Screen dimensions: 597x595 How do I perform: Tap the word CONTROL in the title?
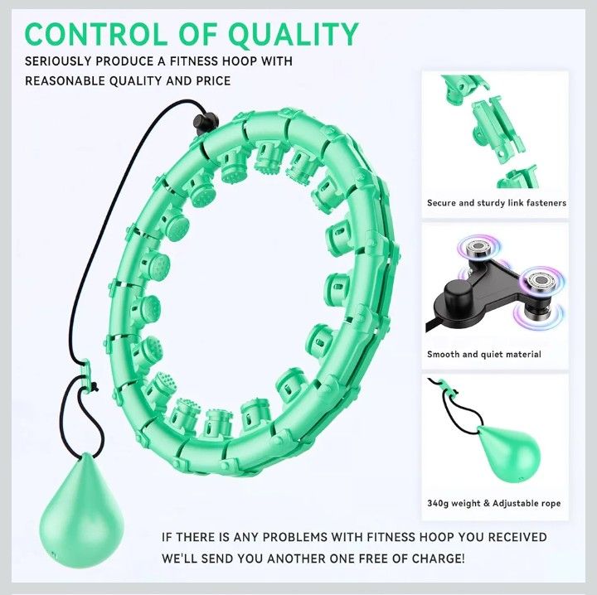pos(95,34)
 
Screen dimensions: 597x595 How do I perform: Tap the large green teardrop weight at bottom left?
pos(82,511)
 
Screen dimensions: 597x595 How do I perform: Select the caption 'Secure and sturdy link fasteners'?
pos(497,203)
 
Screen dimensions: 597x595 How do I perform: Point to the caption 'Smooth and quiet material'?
pos(484,354)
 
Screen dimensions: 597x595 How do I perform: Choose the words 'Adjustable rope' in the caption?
pos(527,503)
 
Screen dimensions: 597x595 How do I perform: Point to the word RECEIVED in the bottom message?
pos(517,537)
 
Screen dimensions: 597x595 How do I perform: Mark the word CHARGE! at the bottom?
pos(439,559)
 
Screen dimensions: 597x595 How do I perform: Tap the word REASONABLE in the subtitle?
pos(65,81)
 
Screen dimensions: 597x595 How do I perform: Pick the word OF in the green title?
pos(197,35)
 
